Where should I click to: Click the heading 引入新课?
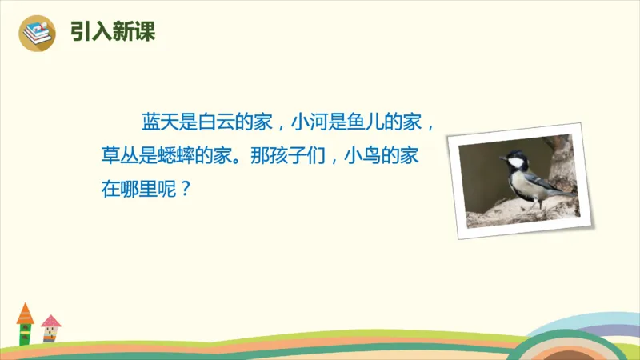[113, 32]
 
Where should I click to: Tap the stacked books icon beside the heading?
[36, 33]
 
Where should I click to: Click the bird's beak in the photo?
[504, 158]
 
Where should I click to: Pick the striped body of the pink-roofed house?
[50, 337]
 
